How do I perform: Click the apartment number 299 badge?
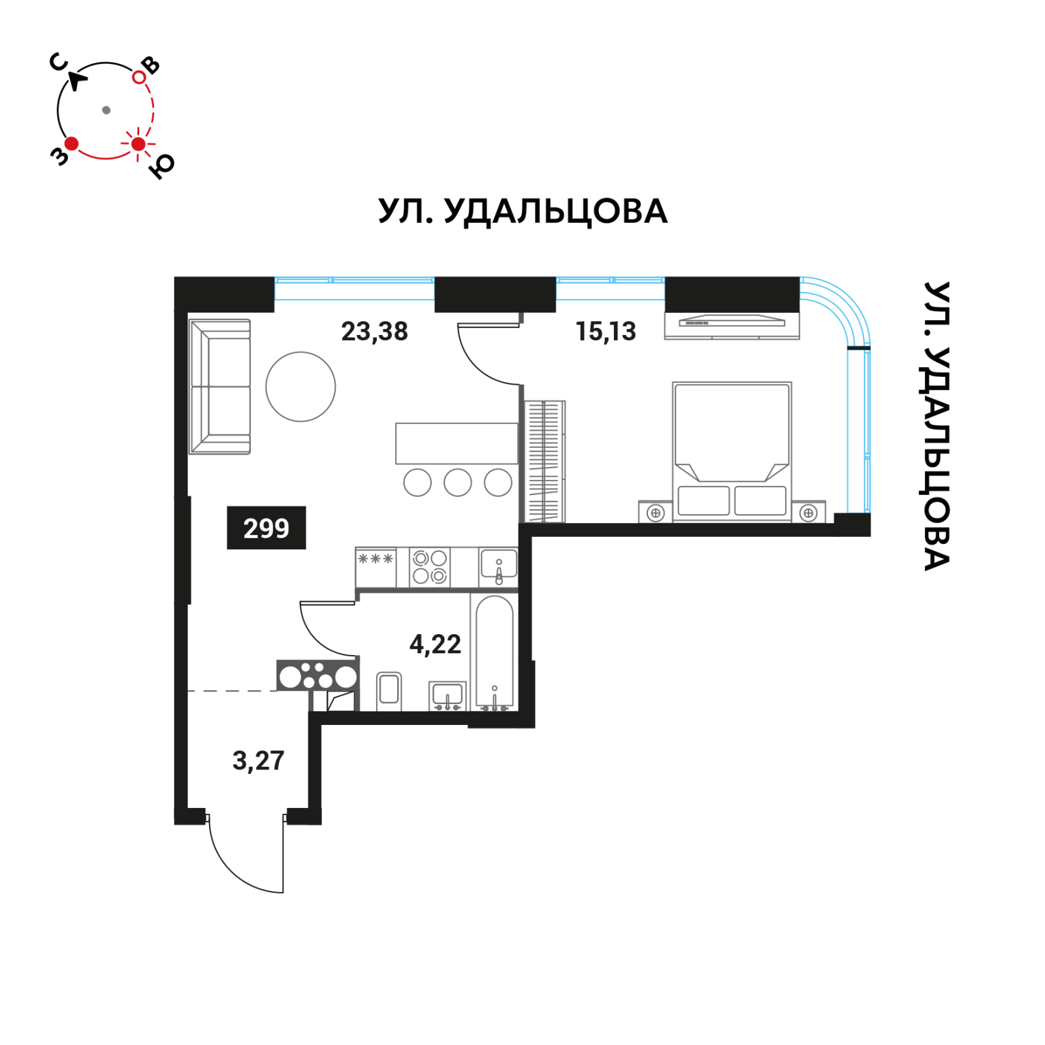tap(266, 528)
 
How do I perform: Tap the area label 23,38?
tap(374, 331)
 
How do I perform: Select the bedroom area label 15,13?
tap(605, 331)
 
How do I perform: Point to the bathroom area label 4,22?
tap(435, 645)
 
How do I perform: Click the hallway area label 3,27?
tap(258, 761)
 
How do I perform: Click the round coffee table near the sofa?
tap(300, 387)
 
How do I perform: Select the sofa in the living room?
tap(220, 387)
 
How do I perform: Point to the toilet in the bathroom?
tap(389, 690)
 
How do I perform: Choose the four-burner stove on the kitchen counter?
tap(430, 567)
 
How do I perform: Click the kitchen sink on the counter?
tap(498, 566)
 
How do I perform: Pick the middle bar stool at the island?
tap(457, 483)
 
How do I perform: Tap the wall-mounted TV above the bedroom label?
tap(731, 322)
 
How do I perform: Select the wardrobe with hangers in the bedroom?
tap(544, 461)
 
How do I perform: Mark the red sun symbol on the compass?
tap(138, 144)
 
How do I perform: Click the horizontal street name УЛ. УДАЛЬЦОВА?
tap(522, 212)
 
